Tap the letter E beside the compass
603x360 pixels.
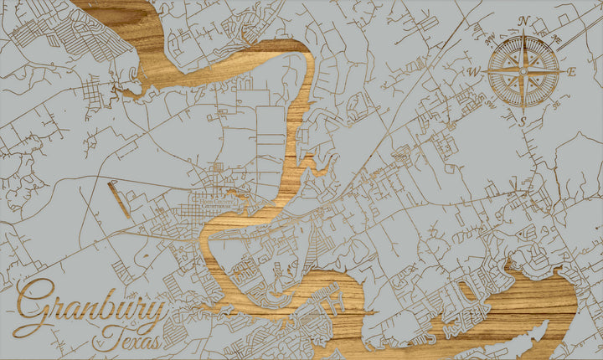pyautogui.click(x=572, y=72)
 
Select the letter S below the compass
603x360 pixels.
pyautogui.click(x=523, y=121)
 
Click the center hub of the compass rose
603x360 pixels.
pyautogui.click(x=523, y=72)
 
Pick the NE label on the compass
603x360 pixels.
pyautogui.click(x=556, y=39)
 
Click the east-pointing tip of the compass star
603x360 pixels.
pyautogui.click(x=563, y=72)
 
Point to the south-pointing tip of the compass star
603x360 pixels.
pyautogui.click(x=523, y=111)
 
